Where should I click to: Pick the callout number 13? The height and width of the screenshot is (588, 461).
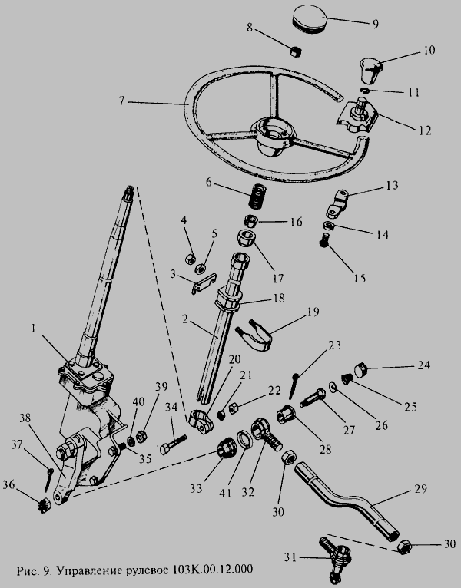(393, 185)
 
